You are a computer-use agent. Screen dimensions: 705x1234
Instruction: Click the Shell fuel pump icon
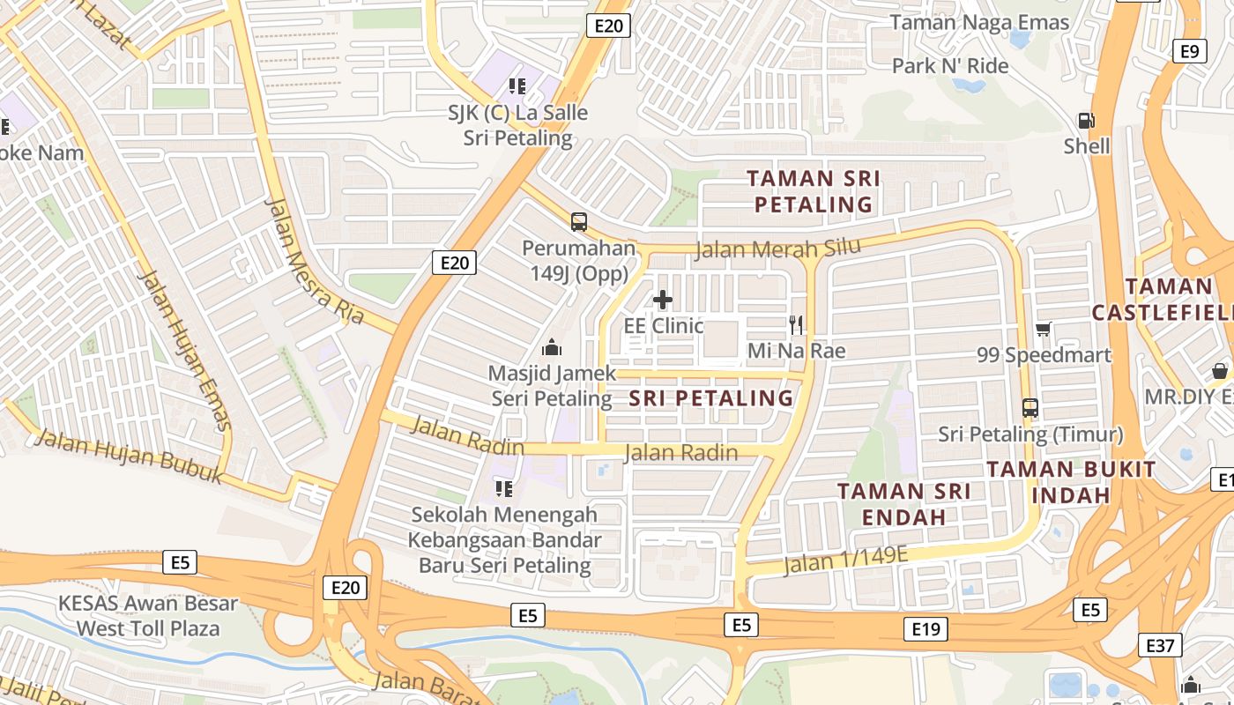click(1087, 121)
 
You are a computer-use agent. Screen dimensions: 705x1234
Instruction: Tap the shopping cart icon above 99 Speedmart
click(1044, 330)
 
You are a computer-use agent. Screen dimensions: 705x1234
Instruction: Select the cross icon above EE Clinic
click(663, 300)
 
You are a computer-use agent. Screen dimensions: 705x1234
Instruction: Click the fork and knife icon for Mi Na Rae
click(797, 325)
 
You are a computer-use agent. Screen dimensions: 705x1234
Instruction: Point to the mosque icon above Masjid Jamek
click(552, 347)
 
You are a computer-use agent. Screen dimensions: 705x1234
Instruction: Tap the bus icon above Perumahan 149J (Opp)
click(579, 222)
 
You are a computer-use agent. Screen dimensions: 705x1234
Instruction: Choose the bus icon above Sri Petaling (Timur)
click(1030, 408)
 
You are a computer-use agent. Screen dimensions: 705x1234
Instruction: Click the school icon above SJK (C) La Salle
click(517, 86)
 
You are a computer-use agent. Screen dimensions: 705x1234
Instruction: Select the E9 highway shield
click(1189, 51)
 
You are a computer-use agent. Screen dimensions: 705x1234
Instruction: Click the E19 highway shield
click(926, 628)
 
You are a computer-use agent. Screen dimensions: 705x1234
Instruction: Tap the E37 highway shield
click(1160, 646)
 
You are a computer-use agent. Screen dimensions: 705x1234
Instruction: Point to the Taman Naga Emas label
click(979, 23)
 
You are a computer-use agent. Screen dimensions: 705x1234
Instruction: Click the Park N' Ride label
click(950, 66)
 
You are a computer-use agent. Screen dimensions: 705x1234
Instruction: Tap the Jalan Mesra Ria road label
click(314, 262)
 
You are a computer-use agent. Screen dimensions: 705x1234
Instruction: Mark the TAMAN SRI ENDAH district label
click(903, 504)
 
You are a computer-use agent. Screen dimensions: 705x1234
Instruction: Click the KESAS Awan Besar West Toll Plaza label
click(148, 616)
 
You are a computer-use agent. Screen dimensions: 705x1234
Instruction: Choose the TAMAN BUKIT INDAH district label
click(1071, 482)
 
